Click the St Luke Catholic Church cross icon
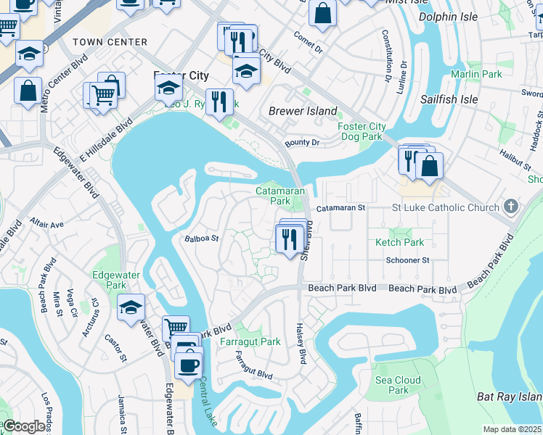click(x=512, y=207)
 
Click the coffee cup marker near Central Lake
click(x=189, y=365)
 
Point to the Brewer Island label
click(x=303, y=111)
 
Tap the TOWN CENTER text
click(x=110, y=42)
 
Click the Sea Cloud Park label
click(x=398, y=385)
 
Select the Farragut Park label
click(x=251, y=341)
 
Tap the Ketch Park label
click(x=399, y=242)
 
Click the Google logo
click(x=24, y=426)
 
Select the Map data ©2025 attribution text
click(x=512, y=429)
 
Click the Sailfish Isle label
click(x=449, y=99)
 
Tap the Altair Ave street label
click(x=47, y=224)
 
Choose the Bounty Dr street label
click(x=302, y=144)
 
